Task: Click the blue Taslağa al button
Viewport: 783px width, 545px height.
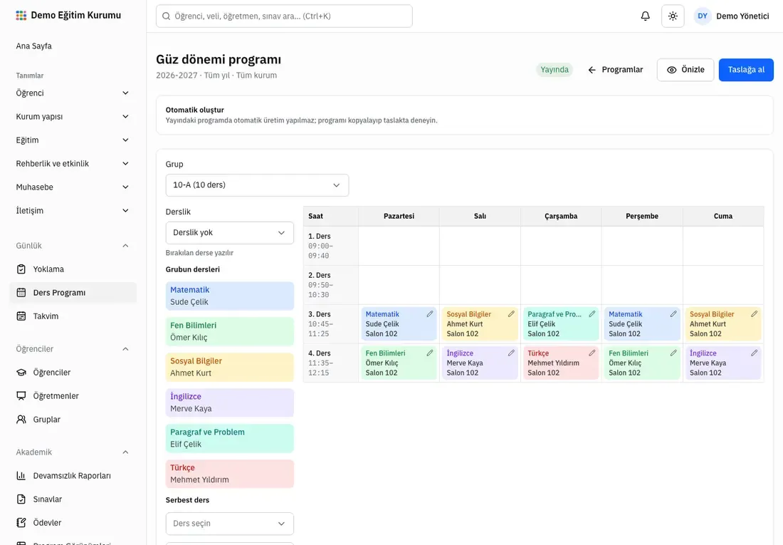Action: [x=745, y=70]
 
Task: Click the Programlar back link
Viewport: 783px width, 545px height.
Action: [x=615, y=70]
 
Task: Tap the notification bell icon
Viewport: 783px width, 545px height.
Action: [x=645, y=16]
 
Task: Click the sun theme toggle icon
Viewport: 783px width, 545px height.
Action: [x=673, y=16]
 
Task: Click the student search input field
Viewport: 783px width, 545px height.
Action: [x=284, y=16]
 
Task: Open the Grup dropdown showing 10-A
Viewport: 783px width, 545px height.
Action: [x=257, y=185]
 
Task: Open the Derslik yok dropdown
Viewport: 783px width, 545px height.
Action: [x=229, y=232]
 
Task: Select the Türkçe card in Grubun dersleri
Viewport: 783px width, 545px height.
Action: [x=229, y=474]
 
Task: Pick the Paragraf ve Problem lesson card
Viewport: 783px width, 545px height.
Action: [x=229, y=438]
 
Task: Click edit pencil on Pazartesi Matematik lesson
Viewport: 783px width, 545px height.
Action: [x=429, y=314]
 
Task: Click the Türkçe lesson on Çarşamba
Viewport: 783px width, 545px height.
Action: [x=561, y=363]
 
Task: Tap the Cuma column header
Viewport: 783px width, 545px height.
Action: [x=722, y=216]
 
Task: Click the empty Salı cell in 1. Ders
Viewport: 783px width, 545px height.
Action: [x=480, y=246]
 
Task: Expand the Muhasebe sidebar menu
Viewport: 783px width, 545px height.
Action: [x=73, y=187]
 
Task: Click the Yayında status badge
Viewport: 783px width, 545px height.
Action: [x=555, y=70]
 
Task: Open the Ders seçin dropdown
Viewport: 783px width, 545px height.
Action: [x=229, y=524]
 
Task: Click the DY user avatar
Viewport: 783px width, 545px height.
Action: [x=702, y=16]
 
